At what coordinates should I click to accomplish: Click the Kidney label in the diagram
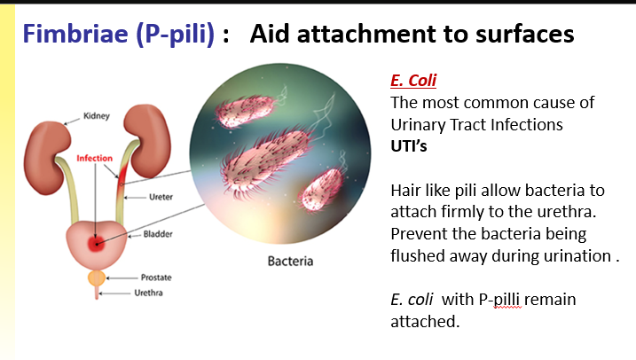coord(96,115)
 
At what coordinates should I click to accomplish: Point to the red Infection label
coord(95,159)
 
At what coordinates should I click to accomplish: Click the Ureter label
coord(161,197)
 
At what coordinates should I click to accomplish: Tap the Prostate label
coord(156,278)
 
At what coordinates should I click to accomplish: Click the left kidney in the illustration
coord(44,143)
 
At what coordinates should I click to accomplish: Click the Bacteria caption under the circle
coord(290,262)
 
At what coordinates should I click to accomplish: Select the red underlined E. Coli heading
coord(413,81)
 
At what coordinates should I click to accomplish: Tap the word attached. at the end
coord(425,321)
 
